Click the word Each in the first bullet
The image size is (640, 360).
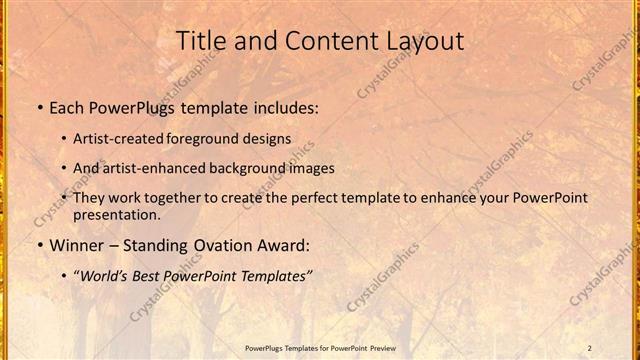(67, 106)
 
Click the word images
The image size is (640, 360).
(336, 168)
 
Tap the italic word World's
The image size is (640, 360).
(103, 276)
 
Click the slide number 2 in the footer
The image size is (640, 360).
(590, 347)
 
